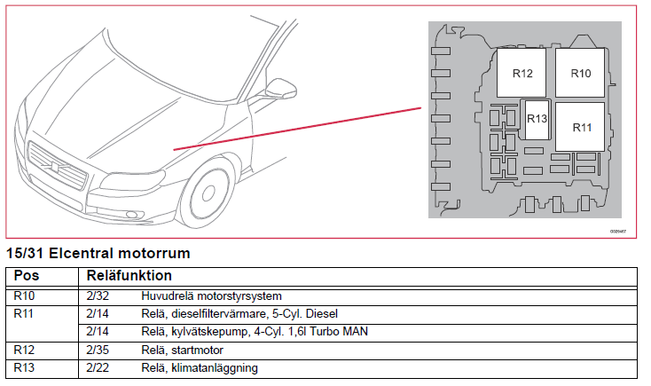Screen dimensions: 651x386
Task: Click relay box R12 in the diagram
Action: pyautogui.click(x=522, y=73)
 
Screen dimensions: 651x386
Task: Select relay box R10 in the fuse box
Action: pyautogui.click(x=580, y=73)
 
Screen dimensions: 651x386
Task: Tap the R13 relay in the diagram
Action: pyautogui.click(x=537, y=120)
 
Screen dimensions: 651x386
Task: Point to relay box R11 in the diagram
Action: pyautogui.click(x=580, y=127)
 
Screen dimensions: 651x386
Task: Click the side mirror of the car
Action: pyautogui.click(x=280, y=88)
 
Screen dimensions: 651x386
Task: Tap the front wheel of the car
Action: pyautogui.click(x=206, y=193)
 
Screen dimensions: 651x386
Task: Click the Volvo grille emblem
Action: pyautogui.click(x=55, y=167)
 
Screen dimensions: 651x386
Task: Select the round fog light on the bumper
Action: pyautogui.click(x=132, y=215)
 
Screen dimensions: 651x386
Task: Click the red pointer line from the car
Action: pyautogui.click(x=297, y=129)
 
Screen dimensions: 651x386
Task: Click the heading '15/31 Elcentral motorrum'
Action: pyautogui.click(x=98, y=253)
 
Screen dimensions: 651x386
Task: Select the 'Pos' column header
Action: pyautogui.click(x=26, y=275)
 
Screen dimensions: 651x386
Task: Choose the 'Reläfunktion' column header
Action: pyautogui.click(x=129, y=275)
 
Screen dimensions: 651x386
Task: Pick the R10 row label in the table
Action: pyautogui.click(x=24, y=295)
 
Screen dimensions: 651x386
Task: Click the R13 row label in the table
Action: pyautogui.click(x=24, y=367)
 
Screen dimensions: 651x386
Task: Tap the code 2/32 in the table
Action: pyautogui.click(x=98, y=295)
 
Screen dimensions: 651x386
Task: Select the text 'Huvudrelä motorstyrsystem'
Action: pyautogui.click(x=211, y=295)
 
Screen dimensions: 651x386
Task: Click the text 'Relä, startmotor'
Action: pyautogui.click(x=183, y=350)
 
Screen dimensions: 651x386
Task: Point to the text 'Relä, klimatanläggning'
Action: pyautogui.click(x=200, y=368)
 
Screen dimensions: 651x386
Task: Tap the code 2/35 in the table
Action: pyautogui.click(x=98, y=350)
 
